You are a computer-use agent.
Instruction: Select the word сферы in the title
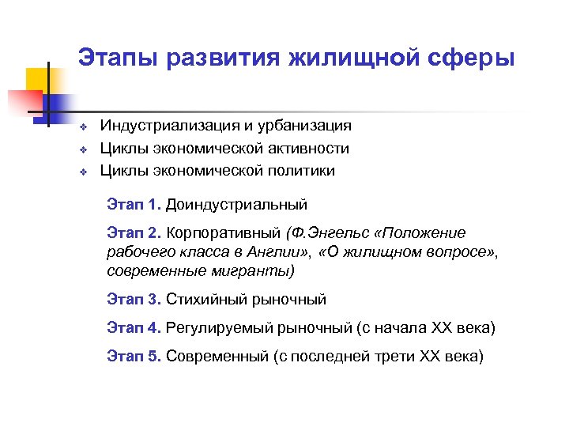(x=473, y=58)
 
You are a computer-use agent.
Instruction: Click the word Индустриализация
(x=172, y=126)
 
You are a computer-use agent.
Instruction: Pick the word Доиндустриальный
(x=236, y=205)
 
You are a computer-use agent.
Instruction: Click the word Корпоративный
(x=225, y=233)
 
